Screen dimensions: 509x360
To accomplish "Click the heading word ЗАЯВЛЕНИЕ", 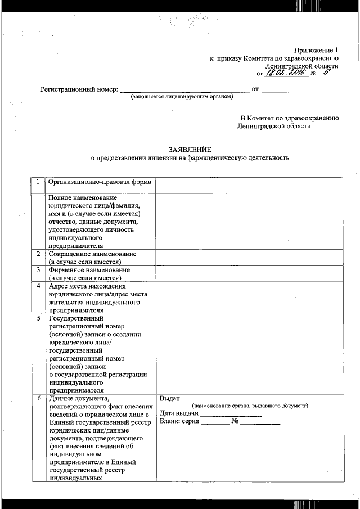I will (x=190, y=149).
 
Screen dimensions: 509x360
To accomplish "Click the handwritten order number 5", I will (x=327, y=72).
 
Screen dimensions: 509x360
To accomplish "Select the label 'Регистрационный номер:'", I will (x=79, y=89).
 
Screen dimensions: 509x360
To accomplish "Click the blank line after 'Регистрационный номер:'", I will (x=185, y=90).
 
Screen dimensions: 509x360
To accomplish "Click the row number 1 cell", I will (x=38, y=183).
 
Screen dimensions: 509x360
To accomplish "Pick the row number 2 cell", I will (x=38, y=254).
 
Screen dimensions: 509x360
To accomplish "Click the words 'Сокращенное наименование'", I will (x=93, y=254).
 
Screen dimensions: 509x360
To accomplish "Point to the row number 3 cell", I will (x=38, y=270).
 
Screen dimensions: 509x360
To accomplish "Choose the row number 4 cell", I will (x=38, y=286).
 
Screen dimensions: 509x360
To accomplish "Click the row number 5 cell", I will (x=38, y=318).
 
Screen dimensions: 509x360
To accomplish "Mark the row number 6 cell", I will (x=38, y=399).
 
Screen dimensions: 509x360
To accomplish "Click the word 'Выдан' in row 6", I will (x=169, y=399).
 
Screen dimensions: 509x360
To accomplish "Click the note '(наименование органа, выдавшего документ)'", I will (x=250, y=406).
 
